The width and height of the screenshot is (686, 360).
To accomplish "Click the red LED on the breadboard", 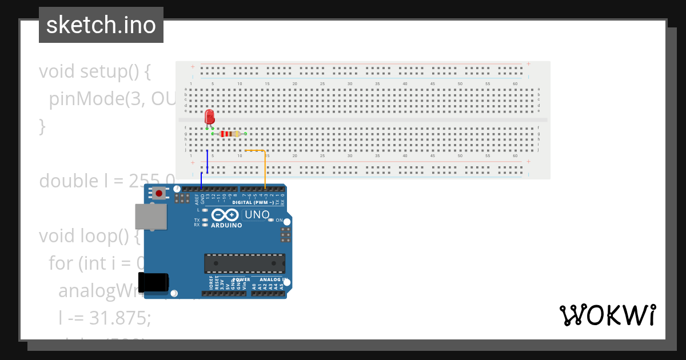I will coord(209,117).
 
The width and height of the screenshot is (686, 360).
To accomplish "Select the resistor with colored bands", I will coord(230,134).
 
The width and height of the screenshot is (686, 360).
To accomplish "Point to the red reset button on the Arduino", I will coord(158,194).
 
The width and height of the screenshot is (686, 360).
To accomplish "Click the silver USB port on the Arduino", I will coord(151,217).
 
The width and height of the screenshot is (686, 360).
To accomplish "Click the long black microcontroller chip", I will coord(245,263).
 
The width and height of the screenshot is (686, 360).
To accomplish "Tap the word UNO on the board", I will coord(257,215).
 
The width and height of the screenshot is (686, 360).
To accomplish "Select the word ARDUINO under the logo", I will coord(226,225).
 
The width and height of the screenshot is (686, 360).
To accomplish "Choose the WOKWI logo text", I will coord(607,315).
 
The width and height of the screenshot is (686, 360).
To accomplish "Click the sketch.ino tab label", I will coord(101,25).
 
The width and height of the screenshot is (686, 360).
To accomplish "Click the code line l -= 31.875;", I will coord(105,318).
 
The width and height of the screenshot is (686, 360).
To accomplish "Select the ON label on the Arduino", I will coord(279,220).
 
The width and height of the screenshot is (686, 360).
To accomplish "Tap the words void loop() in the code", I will coord(89,236).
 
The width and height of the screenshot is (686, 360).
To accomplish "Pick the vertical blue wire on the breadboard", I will coord(207,161).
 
